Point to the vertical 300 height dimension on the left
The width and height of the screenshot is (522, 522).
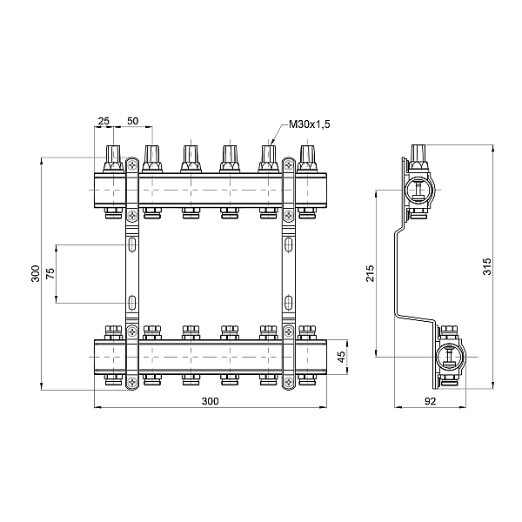(x=35, y=274)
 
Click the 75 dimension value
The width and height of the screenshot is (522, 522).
(x=50, y=274)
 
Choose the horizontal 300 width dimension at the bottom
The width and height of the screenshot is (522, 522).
(x=210, y=401)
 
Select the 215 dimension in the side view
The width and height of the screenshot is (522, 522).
(x=370, y=271)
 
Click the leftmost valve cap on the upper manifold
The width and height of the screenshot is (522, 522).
(x=111, y=157)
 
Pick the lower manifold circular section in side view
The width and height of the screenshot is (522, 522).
(x=449, y=356)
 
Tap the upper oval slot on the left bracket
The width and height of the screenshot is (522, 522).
(x=130, y=246)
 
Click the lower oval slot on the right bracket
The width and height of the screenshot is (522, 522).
(x=287, y=303)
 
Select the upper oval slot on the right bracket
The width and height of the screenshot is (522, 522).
(x=287, y=246)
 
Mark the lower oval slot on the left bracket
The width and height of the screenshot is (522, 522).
(x=130, y=303)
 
